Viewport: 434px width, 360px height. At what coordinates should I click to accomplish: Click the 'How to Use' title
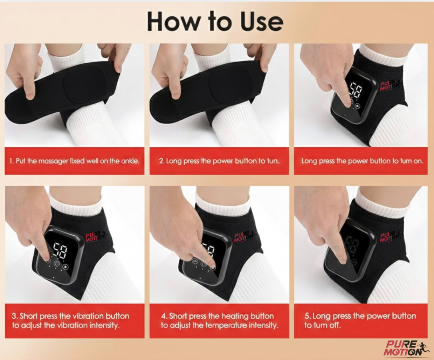[215, 22]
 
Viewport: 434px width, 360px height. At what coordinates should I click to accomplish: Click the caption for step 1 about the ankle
[74, 161]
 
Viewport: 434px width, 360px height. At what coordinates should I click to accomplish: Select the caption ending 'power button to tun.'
[219, 161]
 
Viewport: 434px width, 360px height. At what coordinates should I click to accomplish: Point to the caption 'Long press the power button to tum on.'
[361, 161]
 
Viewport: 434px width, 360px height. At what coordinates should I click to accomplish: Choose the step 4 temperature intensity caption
[219, 320]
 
